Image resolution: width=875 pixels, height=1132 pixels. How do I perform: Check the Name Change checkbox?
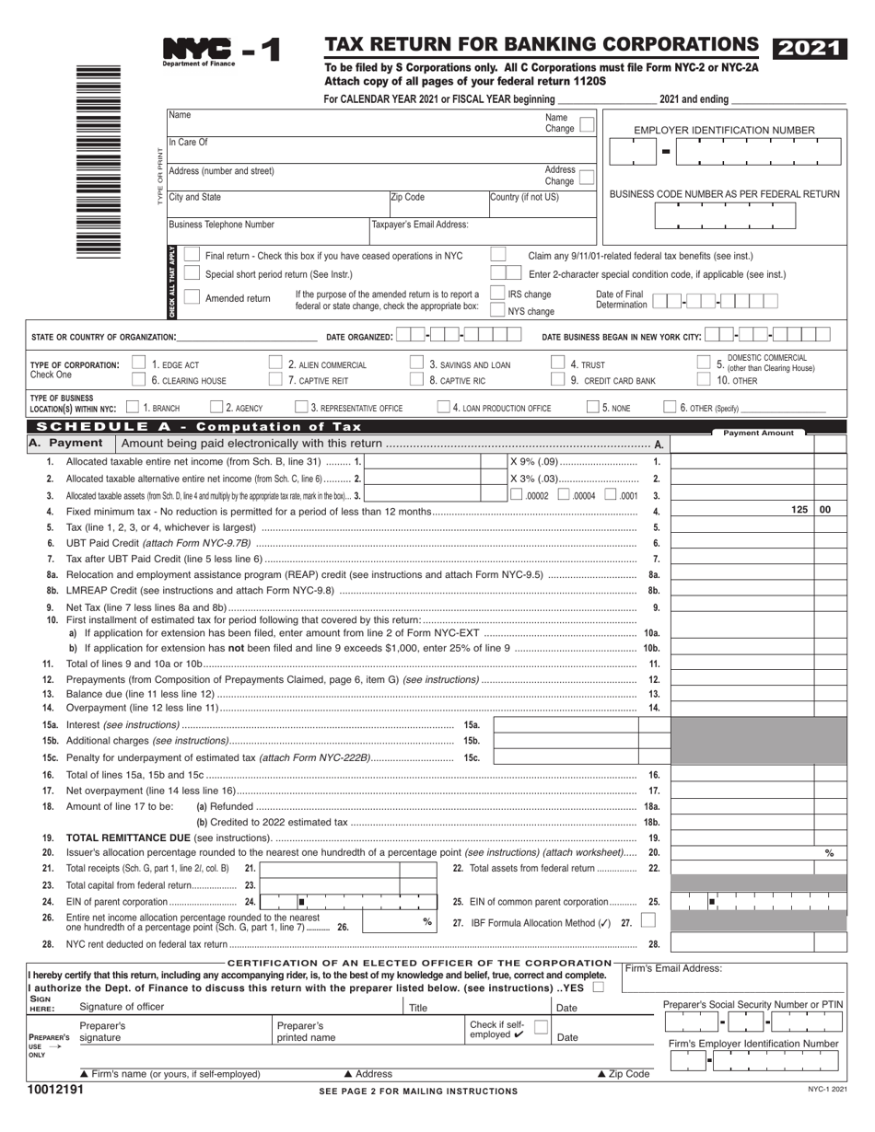point(586,123)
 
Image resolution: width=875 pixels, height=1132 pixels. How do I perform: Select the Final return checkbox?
point(191,255)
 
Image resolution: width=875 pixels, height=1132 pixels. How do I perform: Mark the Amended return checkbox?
point(191,297)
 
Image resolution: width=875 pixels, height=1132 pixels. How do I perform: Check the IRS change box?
point(497,294)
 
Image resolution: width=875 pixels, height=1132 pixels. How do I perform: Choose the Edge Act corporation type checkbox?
point(139,364)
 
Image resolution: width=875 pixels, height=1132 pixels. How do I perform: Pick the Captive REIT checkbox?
point(275,379)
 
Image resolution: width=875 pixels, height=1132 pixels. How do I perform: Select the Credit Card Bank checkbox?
point(557,379)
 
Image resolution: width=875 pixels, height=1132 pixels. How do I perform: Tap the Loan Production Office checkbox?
point(444,407)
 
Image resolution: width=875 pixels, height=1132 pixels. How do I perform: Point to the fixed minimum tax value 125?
point(799,509)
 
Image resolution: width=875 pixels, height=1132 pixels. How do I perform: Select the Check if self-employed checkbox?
point(541,1025)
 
